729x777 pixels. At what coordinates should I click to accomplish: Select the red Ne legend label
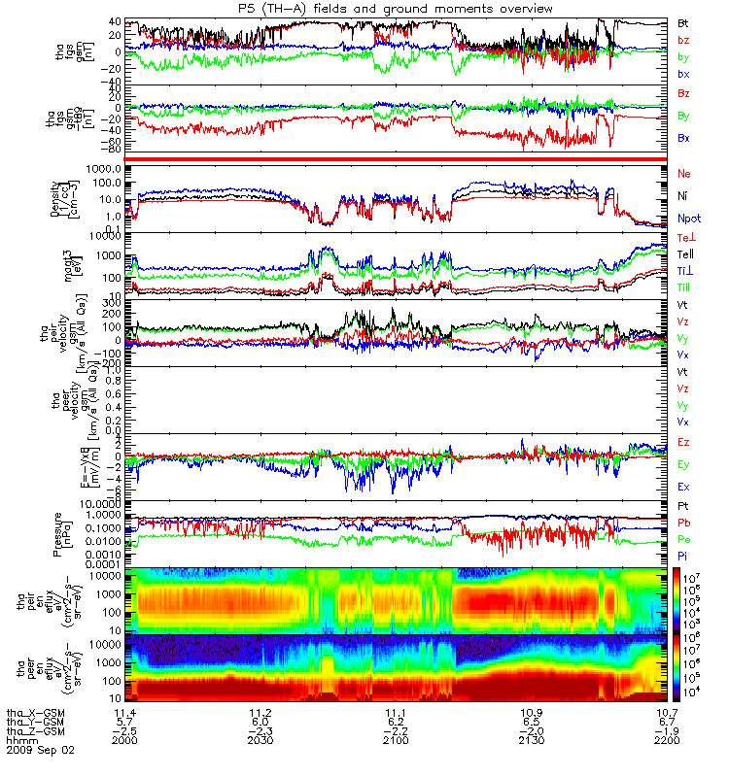(684, 173)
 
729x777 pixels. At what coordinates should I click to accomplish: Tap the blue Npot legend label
(688, 220)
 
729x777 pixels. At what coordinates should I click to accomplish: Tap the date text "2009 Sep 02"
(40, 751)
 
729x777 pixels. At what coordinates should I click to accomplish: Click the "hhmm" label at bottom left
(19, 741)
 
